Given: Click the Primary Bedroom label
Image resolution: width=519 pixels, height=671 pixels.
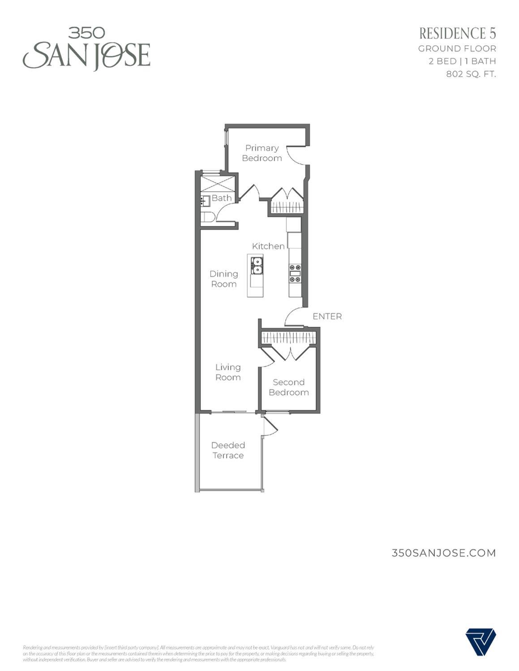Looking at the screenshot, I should [x=262, y=153].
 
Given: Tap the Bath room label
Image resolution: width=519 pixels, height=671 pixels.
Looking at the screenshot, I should [x=222, y=198].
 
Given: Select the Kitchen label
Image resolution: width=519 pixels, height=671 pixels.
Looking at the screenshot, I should [x=268, y=246].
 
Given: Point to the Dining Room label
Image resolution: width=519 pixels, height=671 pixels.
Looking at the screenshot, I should [x=224, y=279].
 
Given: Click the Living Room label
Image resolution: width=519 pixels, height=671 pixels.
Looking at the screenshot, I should [x=228, y=372].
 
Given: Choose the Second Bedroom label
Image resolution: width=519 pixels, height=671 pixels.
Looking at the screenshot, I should [x=289, y=387].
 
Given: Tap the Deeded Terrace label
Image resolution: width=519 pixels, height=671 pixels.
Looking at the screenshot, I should [x=228, y=450].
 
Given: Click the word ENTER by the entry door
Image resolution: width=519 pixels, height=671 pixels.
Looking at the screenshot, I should [x=327, y=316].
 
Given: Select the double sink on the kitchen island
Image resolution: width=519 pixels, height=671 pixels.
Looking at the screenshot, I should [x=257, y=265].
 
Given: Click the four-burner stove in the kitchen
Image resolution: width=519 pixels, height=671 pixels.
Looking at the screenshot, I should [x=295, y=273].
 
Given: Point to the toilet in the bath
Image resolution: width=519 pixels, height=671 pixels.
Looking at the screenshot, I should [x=207, y=217].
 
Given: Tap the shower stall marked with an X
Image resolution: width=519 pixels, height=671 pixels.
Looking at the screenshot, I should [x=218, y=184].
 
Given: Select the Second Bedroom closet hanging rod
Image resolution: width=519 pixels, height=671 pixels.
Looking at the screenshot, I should [x=288, y=338].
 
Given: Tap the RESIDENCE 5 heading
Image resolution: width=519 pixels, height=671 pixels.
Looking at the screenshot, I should [x=457, y=33].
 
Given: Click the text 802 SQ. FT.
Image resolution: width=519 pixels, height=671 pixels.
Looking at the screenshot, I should [x=471, y=74].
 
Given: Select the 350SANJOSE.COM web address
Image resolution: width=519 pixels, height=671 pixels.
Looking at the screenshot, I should [x=443, y=553].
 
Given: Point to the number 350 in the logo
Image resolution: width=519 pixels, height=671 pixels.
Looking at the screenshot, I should [x=86, y=33].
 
